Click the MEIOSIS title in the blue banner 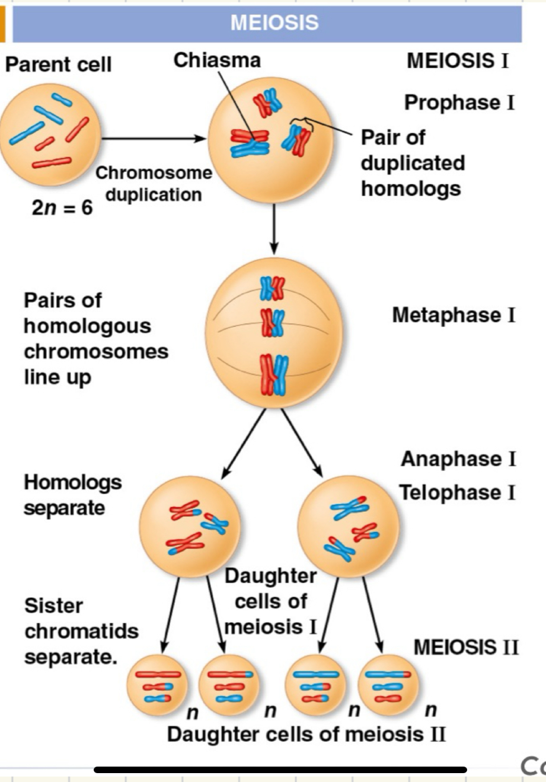click(274, 23)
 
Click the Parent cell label click(58, 64)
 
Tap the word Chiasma click(217, 60)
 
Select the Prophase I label click(459, 102)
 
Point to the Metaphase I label click(454, 315)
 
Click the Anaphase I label click(458, 459)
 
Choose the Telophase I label click(457, 492)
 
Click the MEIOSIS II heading click(466, 647)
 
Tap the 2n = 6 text click(62, 208)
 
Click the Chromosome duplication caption click(154, 184)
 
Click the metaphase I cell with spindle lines click(274, 333)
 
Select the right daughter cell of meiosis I click(348, 525)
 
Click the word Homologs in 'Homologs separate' click(72, 482)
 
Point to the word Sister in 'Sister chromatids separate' click(53, 605)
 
